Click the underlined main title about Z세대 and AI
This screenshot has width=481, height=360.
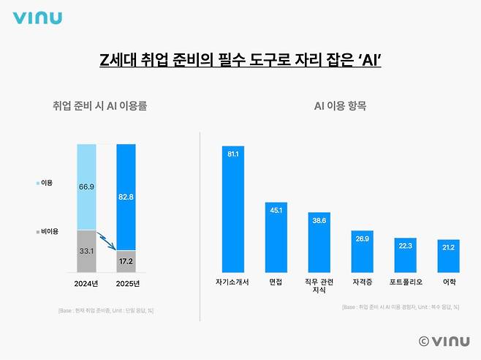(240, 59)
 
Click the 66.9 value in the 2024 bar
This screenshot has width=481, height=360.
(86, 187)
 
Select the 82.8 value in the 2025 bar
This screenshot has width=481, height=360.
(126, 198)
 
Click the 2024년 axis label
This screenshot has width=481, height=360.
(87, 283)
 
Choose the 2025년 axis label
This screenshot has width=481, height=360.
(126, 283)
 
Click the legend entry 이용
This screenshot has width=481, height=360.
(45, 183)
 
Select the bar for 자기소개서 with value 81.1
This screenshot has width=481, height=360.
(233, 209)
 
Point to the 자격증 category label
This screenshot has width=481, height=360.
(363, 281)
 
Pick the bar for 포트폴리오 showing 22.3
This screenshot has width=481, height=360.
(406, 255)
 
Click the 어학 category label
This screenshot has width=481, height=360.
(449, 281)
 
